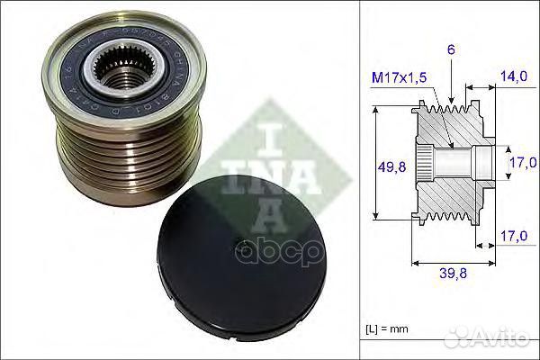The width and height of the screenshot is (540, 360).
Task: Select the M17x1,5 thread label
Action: (400, 78)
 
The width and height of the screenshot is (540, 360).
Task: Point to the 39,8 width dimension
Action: (452, 274)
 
